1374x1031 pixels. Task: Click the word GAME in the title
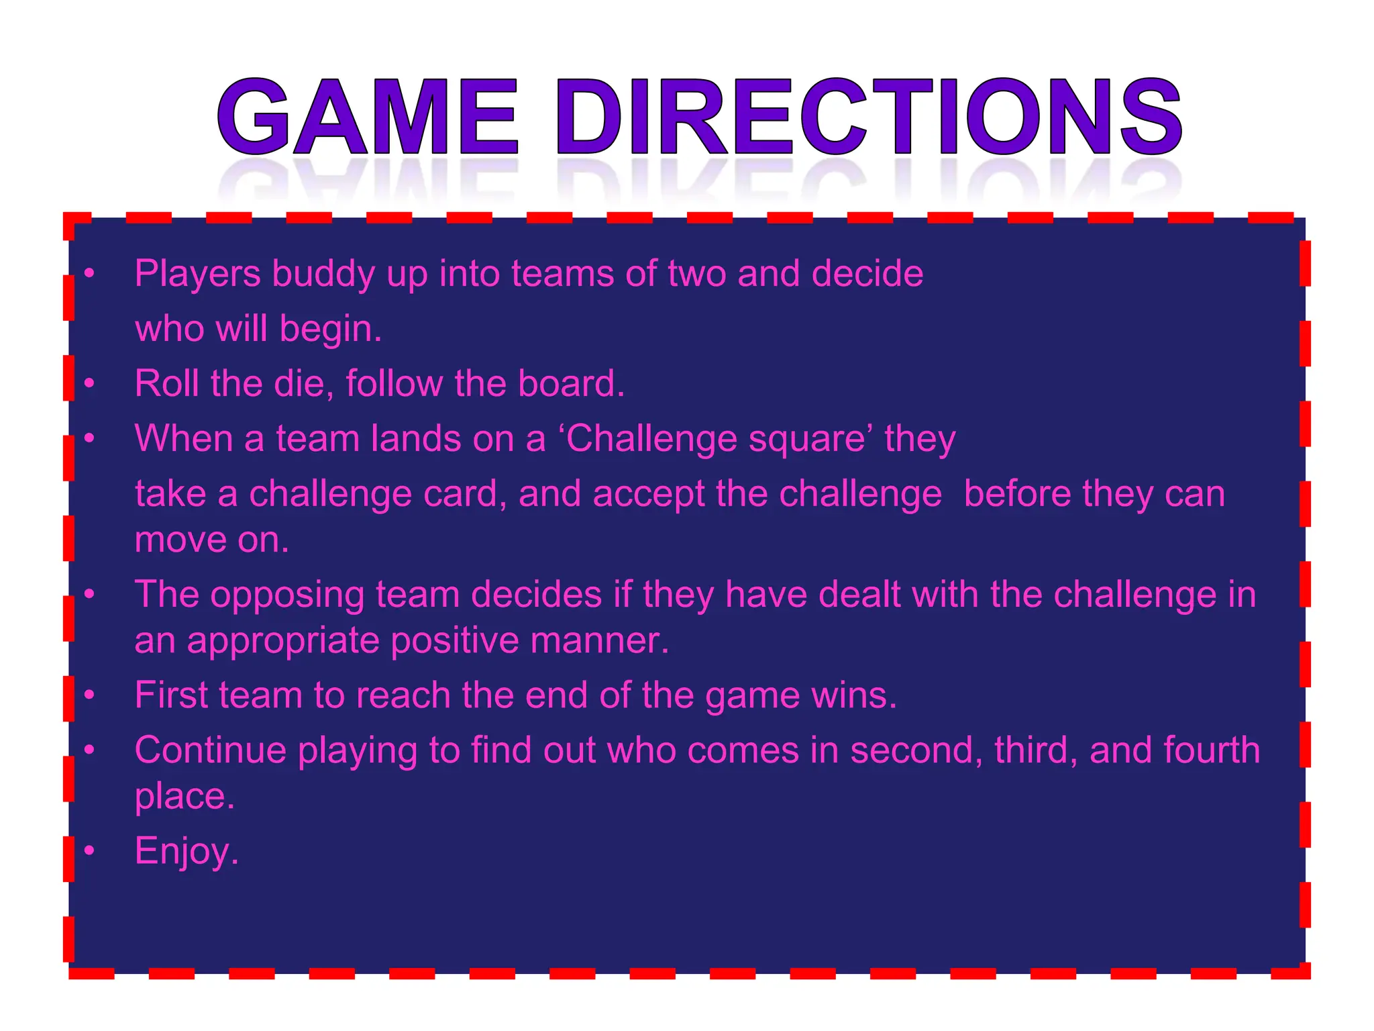pos(368,117)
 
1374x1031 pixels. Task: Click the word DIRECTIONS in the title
pos(868,117)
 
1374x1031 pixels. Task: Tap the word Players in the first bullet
pos(197,274)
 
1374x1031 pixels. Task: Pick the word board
pos(571,383)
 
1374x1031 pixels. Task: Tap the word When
pos(182,438)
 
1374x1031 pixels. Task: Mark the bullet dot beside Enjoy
pos(89,850)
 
